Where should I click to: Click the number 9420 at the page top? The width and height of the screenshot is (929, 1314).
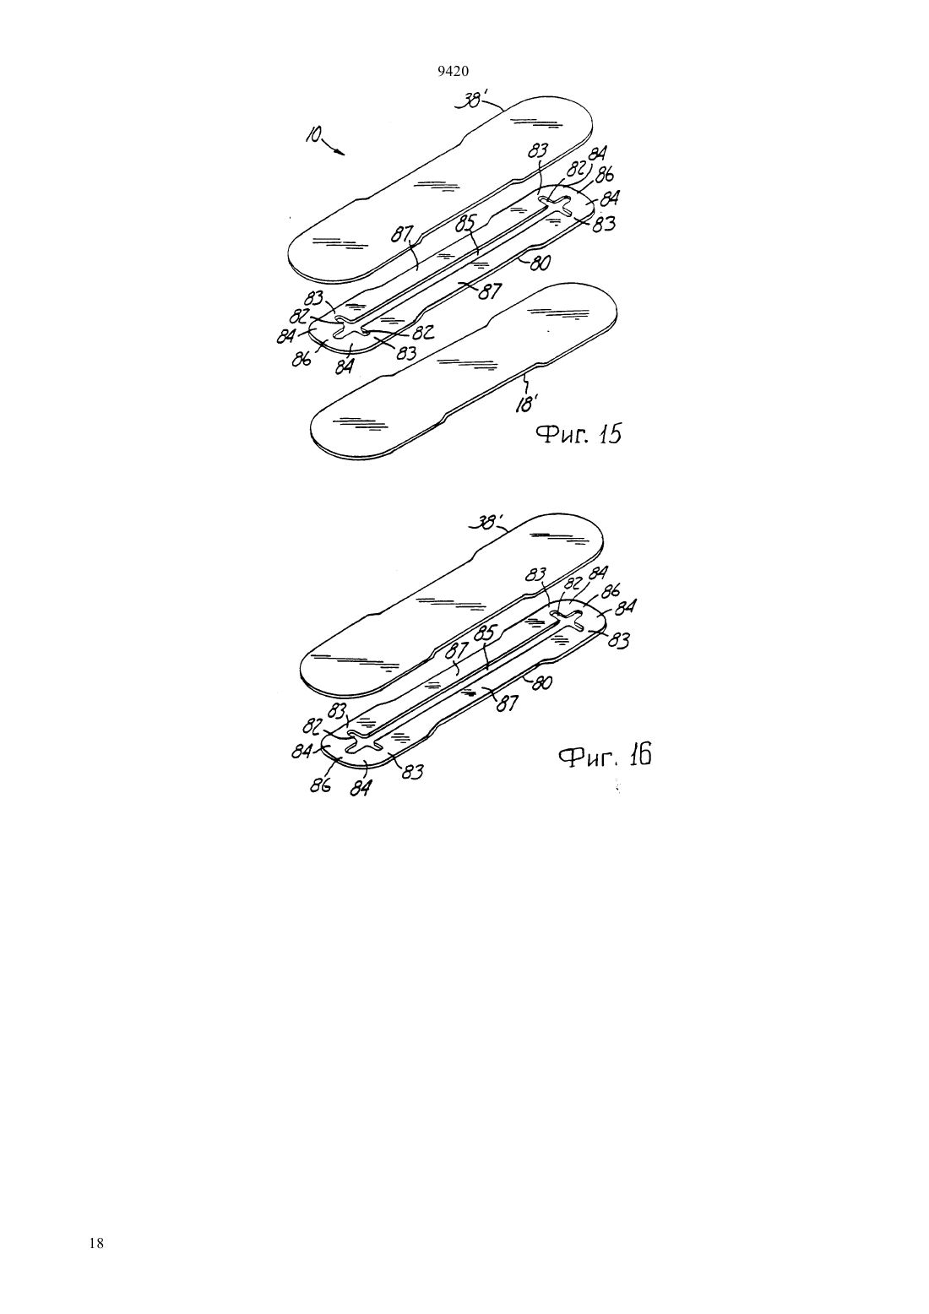453,72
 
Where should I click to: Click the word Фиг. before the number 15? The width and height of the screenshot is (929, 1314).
559,435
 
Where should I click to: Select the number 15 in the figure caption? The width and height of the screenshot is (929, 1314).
608,434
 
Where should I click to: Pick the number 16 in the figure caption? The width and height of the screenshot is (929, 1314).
640,755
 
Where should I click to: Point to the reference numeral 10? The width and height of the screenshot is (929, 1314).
312,135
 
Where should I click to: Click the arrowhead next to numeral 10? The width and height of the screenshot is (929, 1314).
340,152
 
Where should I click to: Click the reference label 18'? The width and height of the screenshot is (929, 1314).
525,404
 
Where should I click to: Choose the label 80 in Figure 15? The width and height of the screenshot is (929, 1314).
539,264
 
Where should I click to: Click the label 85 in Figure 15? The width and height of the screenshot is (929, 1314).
465,224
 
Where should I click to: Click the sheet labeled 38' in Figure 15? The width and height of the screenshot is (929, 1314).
440,187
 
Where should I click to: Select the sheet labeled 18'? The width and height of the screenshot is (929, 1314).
464,371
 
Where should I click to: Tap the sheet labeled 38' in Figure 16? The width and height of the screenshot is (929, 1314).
452,604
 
